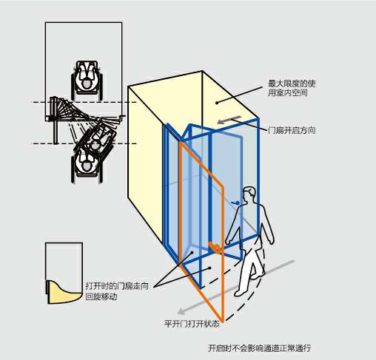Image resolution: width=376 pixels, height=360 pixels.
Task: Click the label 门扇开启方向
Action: pos(292,130)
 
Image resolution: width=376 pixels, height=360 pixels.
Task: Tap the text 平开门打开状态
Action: pos(192,324)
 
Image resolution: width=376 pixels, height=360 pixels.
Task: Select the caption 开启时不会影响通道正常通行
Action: pos(259,348)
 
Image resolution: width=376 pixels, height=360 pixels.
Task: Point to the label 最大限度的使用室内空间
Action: pos(292,88)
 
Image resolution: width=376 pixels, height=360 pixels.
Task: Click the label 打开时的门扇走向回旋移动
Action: pos(117,291)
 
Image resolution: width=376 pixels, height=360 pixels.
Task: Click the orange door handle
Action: pos(215,247)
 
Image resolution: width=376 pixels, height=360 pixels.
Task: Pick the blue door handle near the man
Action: pos(235,203)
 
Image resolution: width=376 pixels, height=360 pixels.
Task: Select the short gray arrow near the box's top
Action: pos(229,119)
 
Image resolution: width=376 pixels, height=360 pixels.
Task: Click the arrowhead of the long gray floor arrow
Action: pos(181,311)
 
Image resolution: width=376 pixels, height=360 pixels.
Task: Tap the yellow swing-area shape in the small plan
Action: pos(64,293)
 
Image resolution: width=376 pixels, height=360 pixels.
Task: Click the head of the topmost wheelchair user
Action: pos(87,84)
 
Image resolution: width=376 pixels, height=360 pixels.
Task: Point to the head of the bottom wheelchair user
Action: pos(86,166)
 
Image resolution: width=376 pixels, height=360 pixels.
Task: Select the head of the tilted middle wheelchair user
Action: pos(95,145)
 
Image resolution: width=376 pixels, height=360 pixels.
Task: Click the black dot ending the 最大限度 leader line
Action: pos(217,103)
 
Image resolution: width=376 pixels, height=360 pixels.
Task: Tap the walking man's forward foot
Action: pos(239,293)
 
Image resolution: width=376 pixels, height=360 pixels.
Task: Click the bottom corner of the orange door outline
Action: pos(223,322)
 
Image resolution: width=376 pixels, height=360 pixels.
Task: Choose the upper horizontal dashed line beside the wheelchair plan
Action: pos(84,102)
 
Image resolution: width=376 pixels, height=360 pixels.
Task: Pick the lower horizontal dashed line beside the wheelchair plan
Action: pos(84,143)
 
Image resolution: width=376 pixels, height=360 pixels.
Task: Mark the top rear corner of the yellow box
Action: pos(202,71)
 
